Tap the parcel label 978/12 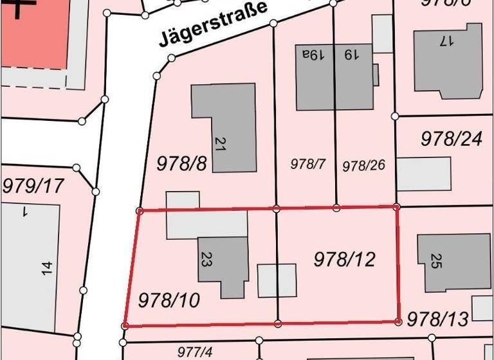point(344,259)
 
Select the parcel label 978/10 point(169,300)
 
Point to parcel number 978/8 point(182,163)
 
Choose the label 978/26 point(363,165)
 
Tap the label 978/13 point(438,318)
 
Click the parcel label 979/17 point(33,186)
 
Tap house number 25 point(435,261)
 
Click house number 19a point(311,55)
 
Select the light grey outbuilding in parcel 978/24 point(423,174)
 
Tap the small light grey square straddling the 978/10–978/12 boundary point(277,281)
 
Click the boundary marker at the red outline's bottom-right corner point(399,320)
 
